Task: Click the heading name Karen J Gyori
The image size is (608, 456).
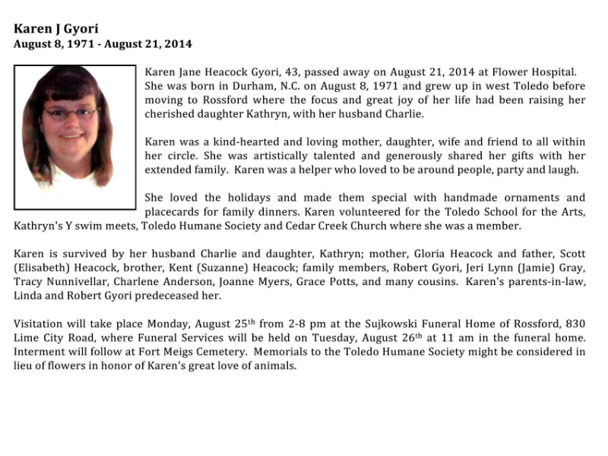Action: (55, 29)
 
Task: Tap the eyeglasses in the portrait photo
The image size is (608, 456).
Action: (70, 114)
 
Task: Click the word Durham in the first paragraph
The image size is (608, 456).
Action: (236, 86)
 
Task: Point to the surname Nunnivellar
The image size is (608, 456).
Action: (81, 283)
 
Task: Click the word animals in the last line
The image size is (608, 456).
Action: (275, 366)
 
